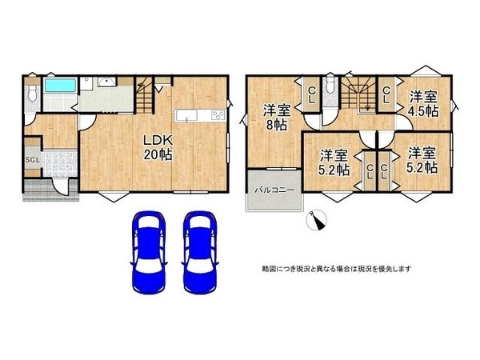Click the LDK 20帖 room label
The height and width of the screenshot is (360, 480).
coord(158,146)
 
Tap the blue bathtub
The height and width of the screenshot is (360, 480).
coord(58,86)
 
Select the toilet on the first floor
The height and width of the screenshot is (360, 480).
coord(30,94)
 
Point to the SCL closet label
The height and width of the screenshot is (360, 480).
coord(32,158)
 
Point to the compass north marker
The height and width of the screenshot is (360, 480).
coord(318,221)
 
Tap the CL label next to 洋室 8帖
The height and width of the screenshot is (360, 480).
coord(312,94)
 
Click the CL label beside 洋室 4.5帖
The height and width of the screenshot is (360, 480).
coord(386,94)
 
